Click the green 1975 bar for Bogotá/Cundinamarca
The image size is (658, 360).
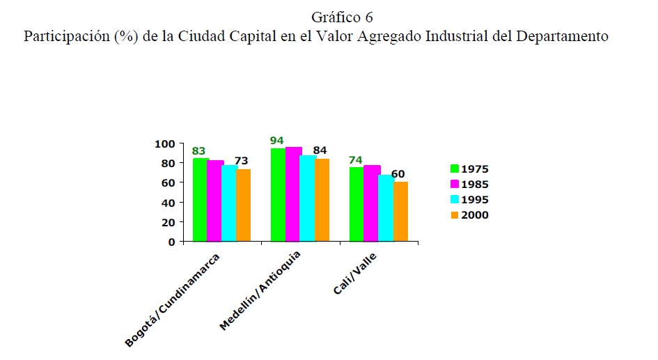(201, 200)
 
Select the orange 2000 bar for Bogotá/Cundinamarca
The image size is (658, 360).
(244, 205)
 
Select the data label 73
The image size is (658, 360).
(242, 161)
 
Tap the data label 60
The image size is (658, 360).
(398, 173)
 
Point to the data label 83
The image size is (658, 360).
(199, 150)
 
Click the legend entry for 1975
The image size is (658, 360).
(469, 169)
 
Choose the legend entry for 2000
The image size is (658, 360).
(469, 215)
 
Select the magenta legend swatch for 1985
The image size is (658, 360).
(455, 185)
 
